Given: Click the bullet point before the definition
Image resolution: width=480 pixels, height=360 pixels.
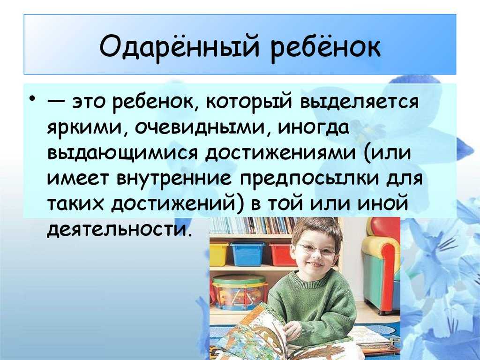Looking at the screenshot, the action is click(x=32, y=99).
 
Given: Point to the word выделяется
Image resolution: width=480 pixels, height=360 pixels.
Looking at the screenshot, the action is click(x=359, y=101).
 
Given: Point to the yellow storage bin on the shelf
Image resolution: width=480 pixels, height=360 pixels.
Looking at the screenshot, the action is click(x=219, y=254).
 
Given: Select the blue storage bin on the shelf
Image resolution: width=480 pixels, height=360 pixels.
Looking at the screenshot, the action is click(x=247, y=254).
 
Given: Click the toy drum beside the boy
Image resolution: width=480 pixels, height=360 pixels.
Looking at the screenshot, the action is click(x=238, y=292).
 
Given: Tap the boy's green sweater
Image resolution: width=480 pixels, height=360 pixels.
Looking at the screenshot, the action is click(x=315, y=303).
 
